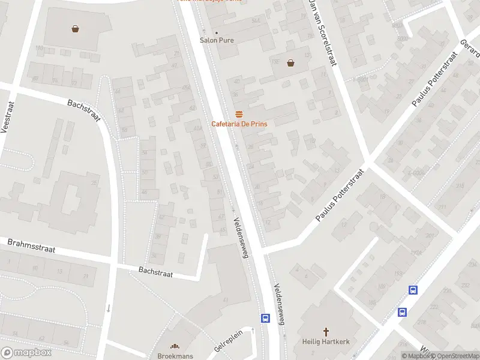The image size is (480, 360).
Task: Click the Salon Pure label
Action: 217,40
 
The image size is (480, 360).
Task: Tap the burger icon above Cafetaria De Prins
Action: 239,114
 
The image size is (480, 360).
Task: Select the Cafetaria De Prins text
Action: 239,124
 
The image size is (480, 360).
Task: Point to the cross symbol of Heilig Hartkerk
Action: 326,332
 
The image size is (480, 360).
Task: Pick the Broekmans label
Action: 175,356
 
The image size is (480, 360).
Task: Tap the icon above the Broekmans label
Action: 175,346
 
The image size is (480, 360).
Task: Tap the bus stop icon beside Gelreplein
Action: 265,318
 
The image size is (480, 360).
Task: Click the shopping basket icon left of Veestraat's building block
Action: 76,28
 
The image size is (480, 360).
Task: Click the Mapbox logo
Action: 26,353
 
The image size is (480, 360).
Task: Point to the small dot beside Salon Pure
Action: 217,32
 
